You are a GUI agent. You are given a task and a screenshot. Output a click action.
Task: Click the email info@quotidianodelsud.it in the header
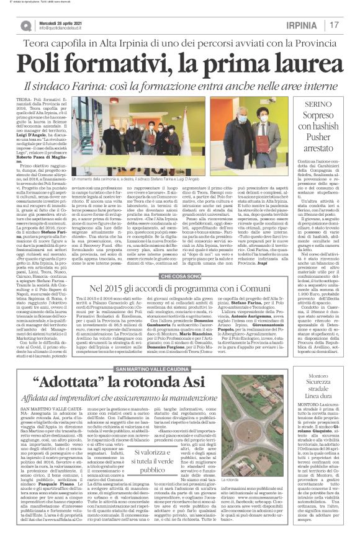(x=66, y=29)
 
